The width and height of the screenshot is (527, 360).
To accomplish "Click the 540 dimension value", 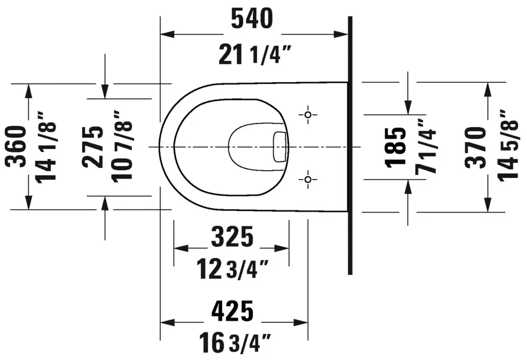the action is (x=252, y=18).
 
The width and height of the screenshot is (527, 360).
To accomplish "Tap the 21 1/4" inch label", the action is (x=255, y=54).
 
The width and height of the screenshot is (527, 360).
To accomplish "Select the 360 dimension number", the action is (x=16, y=147).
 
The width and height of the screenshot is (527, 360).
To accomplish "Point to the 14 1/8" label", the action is (x=45, y=147).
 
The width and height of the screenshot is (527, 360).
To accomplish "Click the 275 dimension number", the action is (x=93, y=147).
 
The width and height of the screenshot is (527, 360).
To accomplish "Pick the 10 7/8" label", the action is (x=122, y=147).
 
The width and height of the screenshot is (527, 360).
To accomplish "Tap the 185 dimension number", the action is (x=396, y=147).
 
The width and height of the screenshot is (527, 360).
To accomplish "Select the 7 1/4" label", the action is (x=425, y=147).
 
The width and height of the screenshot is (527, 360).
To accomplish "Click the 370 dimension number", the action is (x=476, y=147).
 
